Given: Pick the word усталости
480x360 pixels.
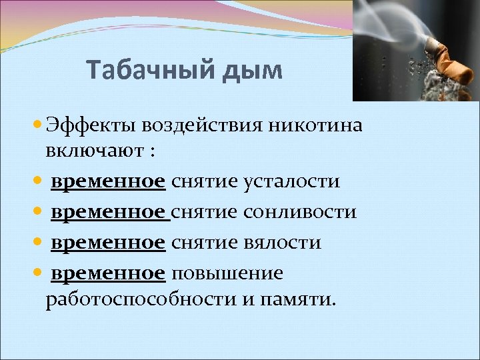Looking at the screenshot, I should pyautogui.click(x=293, y=181).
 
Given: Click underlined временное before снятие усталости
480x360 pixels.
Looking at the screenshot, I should pyautogui.click(x=108, y=181).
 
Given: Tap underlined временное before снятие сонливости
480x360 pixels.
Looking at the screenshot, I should pyautogui.click(x=108, y=211).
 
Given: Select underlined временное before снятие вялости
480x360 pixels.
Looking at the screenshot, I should pyautogui.click(x=108, y=243).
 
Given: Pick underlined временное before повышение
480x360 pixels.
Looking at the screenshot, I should pyautogui.click(x=108, y=273).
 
